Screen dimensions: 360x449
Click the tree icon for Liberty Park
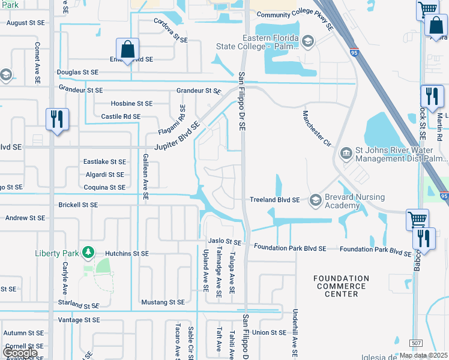tap(88, 251)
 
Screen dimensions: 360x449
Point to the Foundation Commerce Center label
tap(341, 286)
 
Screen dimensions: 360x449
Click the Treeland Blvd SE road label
tap(274, 200)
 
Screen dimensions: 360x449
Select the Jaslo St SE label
tap(224, 242)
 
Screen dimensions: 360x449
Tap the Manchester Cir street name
tap(316, 128)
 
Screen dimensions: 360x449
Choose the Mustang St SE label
tap(163, 302)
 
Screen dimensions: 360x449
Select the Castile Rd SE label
tap(121, 116)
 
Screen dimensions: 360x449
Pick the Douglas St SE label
tap(77, 72)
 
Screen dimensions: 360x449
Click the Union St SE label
tap(270, 332)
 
